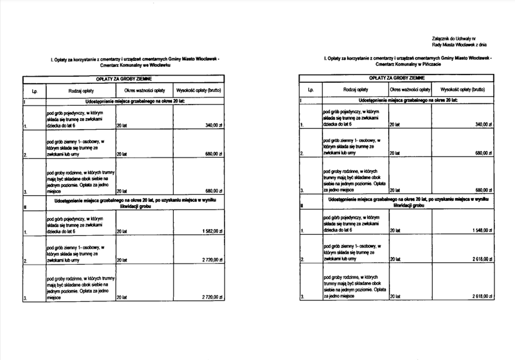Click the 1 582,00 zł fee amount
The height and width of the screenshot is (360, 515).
(212, 231)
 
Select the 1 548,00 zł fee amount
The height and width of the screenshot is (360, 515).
(482, 230)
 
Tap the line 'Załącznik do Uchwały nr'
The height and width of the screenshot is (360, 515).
(454, 39)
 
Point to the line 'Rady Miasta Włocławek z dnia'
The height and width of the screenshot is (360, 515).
(459, 45)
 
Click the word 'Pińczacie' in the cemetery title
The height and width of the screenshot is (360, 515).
(431, 64)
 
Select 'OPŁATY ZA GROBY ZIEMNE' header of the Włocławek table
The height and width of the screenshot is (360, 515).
(124, 79)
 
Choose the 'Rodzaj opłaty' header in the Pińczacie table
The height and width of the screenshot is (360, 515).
(355, 89)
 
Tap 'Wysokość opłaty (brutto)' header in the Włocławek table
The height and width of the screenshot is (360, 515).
(199, 90)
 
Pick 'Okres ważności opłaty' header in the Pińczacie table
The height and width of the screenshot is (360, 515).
(410, 89)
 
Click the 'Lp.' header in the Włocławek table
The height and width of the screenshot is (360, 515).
(34, 91)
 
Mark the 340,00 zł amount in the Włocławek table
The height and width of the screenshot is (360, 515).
(214, 125)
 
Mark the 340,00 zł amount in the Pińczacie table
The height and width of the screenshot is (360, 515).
(483, 124)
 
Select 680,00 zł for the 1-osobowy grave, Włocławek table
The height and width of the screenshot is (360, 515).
(214, 154)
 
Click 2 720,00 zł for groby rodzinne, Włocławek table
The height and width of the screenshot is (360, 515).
(212, 297)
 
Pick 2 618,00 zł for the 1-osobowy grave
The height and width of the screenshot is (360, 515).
(482, 259)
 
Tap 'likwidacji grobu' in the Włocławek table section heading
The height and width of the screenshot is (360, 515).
(135, 206)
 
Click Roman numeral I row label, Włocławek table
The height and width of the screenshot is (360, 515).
(24, 101)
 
